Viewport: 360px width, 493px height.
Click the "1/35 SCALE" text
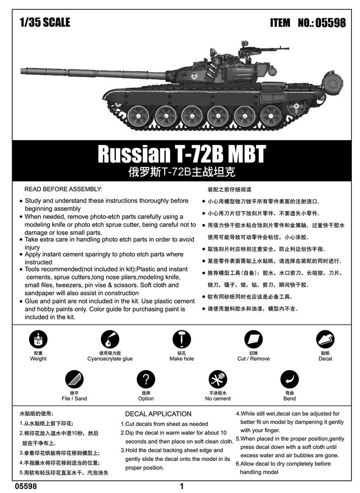45,22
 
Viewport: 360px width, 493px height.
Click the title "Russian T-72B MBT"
182,154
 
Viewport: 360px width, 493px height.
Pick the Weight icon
38,340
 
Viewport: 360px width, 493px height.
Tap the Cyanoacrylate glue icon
110,340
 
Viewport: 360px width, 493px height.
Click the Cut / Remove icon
253,340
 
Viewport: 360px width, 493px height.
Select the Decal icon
325,340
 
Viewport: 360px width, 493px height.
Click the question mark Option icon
146,380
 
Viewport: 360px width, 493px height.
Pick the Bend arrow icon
289,380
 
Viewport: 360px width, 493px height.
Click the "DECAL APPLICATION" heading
158,414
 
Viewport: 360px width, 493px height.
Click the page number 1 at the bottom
181,486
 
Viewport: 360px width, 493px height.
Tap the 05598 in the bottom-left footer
26,486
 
